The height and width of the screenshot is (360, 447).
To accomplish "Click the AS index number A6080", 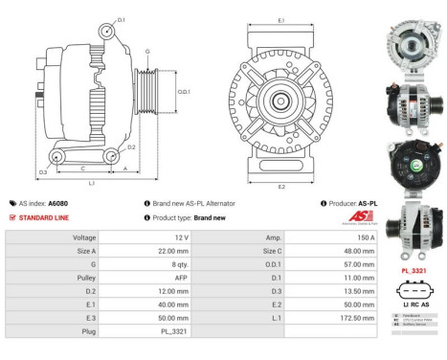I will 57,204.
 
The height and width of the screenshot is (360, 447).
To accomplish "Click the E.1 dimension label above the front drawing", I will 280,19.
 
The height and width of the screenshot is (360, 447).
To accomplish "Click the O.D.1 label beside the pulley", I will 184,92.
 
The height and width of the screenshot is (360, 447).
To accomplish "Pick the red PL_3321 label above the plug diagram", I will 414,272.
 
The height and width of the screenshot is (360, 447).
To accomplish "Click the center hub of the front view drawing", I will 280,101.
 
